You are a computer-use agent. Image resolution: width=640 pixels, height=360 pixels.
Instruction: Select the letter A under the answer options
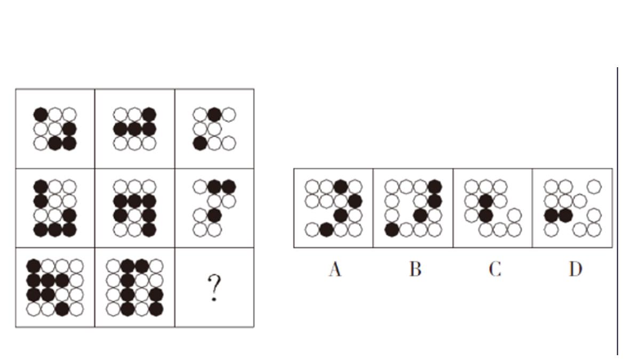pyautogui.click(x=335, y=269)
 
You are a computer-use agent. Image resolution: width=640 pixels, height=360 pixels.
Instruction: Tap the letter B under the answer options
pyautogui.click(x=415, y=269)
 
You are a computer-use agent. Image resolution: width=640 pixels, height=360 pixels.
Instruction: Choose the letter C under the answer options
pyautogui.click(x=494, y=269)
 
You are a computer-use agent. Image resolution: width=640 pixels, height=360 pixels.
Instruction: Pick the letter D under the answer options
pyautogui.click(x=574, y=269)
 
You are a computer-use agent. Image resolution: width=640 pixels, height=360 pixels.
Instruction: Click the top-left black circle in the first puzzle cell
pyautogui.click(x=41, y=114)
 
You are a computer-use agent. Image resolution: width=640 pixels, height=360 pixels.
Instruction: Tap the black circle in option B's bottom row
pyautogui.click(x=392, y=229)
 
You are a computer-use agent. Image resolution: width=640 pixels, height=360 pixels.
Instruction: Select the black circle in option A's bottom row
pyautogui.click(x=326, y=229)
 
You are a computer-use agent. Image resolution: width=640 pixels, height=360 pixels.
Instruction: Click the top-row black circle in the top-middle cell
pyautogui.click(x=149, y=114)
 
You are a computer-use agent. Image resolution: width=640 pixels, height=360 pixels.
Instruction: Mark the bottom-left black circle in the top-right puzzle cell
pyautogui.click(x=200, y=143)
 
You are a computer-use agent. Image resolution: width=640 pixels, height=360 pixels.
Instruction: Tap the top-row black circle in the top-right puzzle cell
pyautogui.click(x=214, y=114)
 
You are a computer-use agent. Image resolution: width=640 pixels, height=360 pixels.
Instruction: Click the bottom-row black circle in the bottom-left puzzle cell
pyautogui.click(x=62, y=308)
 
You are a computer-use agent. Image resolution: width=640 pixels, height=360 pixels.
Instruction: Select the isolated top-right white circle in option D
pyautogui.click(x=594, y=187)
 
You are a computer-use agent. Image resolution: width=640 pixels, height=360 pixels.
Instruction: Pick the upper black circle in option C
pyautogui.click(x=485, y=201)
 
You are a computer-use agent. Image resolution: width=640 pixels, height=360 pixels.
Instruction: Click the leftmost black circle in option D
pyautogui.click(x=551, y=215)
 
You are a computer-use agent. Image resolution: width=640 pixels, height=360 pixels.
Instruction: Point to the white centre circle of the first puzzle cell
pyautogui.click(x=55, y=129)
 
